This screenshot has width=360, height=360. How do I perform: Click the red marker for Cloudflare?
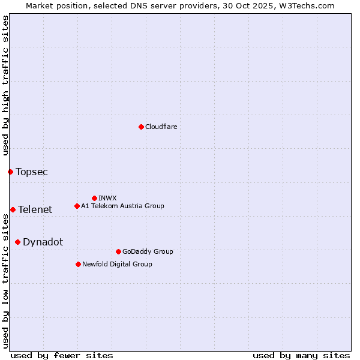(x=141, y=127)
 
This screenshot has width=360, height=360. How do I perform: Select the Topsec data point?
(x=10, y=172)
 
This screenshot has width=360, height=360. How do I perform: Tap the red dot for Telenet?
(x=13, y=209)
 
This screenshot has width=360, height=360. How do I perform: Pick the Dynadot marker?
(x=17, y=242)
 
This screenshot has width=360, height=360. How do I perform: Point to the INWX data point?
(x=94, y=198)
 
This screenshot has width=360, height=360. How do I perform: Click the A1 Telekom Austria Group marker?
(x=77, y=206)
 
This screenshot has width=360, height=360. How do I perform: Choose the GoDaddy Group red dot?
(x=118, y=251)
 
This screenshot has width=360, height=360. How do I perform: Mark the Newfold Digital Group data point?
(x=78, y=264)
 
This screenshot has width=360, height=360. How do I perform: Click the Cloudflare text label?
(x=161, y=127)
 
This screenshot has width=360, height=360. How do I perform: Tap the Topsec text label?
(x=32, y=172)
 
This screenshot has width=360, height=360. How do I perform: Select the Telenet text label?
(x=35, y=209)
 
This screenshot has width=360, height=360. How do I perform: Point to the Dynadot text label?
(x=43, y=242)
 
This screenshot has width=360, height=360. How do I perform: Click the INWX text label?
(x=107, y=198)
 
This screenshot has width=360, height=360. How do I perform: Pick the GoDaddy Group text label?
(x=148, y=251)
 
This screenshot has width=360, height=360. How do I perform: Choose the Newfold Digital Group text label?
(x=117, y=264)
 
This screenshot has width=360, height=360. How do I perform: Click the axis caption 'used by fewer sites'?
(x=62, y=355)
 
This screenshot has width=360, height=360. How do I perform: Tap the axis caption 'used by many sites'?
(x=301, y=355)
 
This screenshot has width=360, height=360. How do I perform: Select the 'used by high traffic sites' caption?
(x=5, y=85)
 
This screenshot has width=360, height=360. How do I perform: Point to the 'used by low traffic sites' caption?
(x=5, y=280)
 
